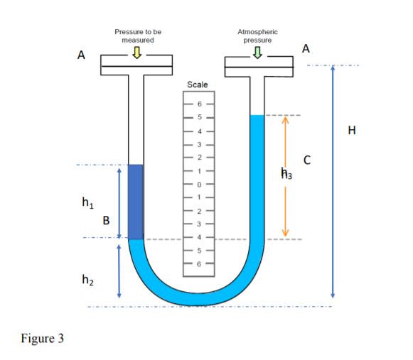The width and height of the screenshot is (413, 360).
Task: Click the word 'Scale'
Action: (x=197, y=84)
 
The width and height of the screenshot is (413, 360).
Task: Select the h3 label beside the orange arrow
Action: (x=286, y=173)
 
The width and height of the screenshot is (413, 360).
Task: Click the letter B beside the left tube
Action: (x=106, y=220)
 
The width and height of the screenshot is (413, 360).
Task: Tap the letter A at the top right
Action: (x=306, y=48)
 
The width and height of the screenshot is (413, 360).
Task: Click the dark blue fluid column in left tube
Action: (x=135, y=202)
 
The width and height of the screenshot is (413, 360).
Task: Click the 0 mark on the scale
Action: (x=199, y=183)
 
